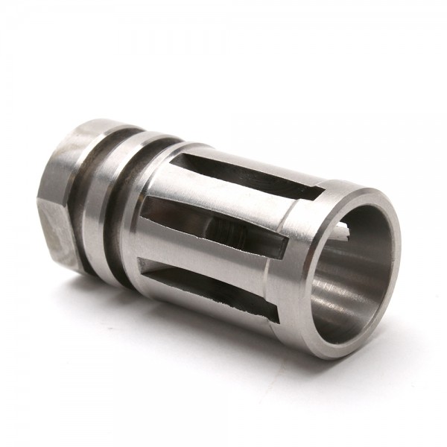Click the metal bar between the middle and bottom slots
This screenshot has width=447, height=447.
(x=216, y=257)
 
